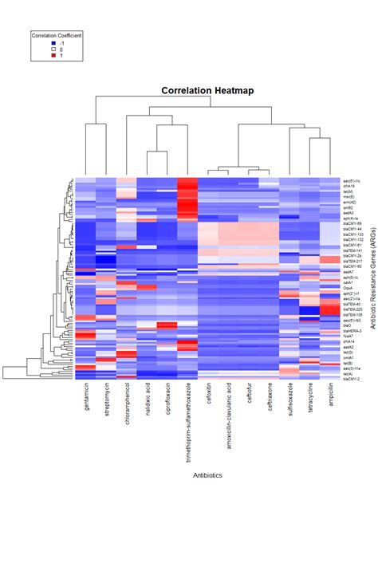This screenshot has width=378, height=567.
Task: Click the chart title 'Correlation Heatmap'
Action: (207, 91)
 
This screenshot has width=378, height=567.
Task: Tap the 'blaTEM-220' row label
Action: (352, 309)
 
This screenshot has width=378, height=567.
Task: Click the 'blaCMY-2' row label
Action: (351, 379)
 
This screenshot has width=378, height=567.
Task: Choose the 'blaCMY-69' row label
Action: (352, 223)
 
